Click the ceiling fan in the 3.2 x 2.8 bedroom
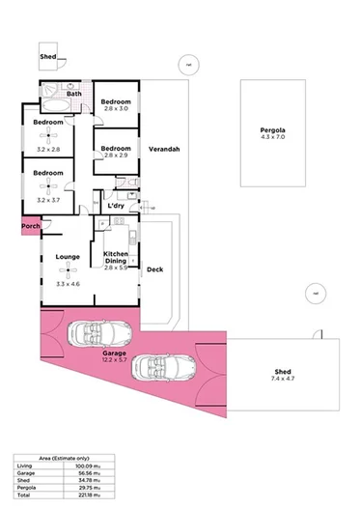(48, 136)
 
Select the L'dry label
(116, 206)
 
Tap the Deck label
(154, 269)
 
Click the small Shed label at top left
(47, 57)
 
